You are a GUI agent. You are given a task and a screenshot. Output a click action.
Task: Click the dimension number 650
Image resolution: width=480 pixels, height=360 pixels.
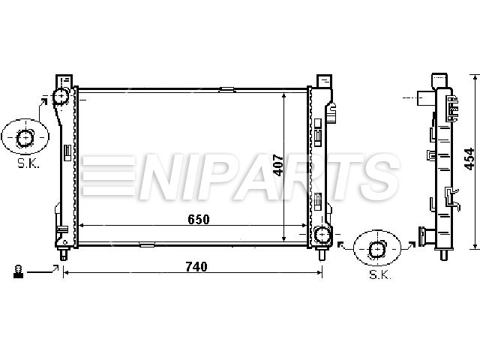[x=198, y=219]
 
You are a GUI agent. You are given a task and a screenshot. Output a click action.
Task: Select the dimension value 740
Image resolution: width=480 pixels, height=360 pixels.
[x=196, y=267]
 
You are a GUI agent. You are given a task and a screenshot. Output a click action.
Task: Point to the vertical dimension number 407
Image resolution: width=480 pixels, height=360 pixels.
[x=278, y=165]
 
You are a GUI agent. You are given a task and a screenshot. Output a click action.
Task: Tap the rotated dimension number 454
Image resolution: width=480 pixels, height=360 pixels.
[x=469, y=159]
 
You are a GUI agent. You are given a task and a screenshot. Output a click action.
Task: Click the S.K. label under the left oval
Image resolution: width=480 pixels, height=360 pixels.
[x=28, y=163]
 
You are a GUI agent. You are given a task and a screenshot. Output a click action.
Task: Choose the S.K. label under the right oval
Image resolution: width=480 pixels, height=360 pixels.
[x=380, y=274]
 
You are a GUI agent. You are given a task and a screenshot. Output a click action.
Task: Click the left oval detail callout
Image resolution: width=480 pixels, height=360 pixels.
[x=25, y=136]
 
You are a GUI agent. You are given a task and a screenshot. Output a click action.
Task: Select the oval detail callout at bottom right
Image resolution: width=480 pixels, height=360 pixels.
[x=376, y=248]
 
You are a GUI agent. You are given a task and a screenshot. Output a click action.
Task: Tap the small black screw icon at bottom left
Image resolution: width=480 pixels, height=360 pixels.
[x=18, y=271]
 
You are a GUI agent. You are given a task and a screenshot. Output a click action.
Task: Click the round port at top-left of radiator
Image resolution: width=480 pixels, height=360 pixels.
[x=61, y=96]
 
